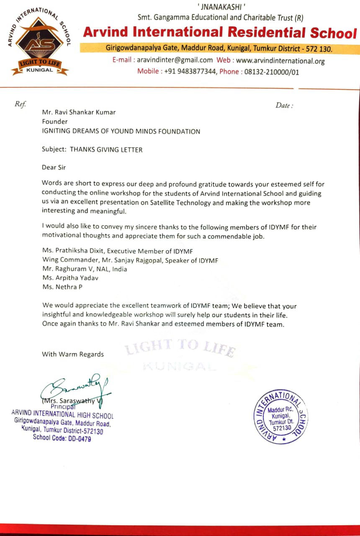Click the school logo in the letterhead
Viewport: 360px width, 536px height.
coord(40,42)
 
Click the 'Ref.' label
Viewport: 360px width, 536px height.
coord(20,104)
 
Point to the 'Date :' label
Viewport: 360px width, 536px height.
coord(284,106)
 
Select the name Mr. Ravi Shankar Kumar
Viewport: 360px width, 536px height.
coord(79,112)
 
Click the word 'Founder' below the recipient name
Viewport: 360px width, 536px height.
coord(55,121)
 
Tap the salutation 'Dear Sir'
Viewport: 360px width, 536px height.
coord(54,167)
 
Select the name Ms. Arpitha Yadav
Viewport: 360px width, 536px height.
coord(70,278)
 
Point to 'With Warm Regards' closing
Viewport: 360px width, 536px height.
coord(73,354)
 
